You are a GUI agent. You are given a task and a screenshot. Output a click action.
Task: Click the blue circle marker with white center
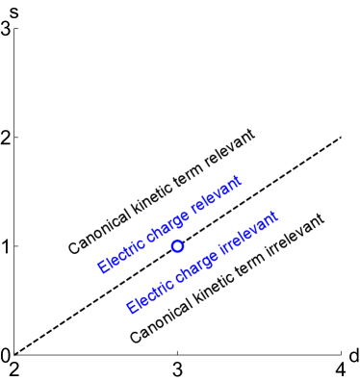tap(177, 246)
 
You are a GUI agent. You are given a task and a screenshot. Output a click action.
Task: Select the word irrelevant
tap(248, 234)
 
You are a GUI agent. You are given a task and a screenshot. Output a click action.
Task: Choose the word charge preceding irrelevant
tap(196, 264)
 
